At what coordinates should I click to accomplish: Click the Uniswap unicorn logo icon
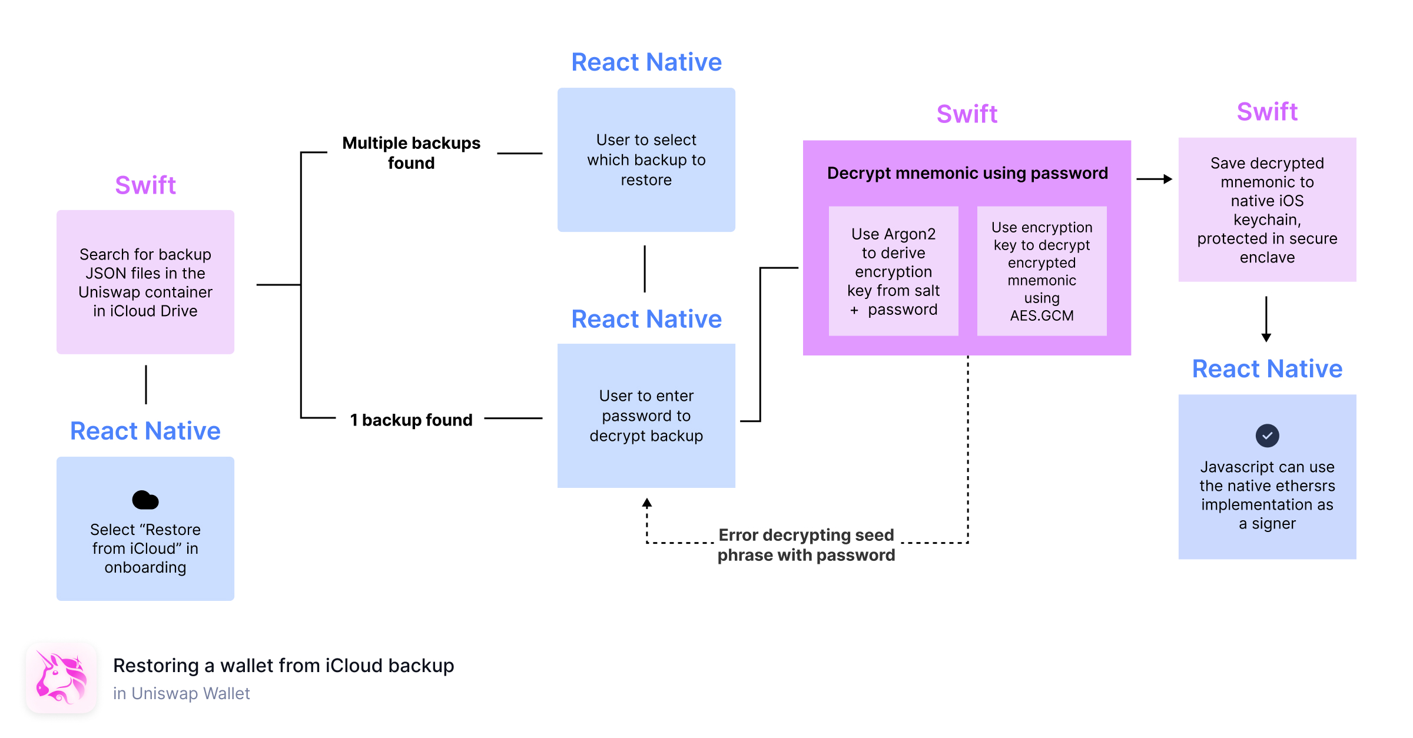(x=61, y=677)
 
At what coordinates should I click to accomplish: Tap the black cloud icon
(x=145, y=500)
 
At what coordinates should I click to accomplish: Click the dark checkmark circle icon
(x=1267, y=436)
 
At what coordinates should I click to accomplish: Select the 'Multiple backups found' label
(x=411, y=153)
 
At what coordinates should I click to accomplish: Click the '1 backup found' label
(x=411, y=420)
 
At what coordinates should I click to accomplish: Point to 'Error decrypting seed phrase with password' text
(x=806, y=545)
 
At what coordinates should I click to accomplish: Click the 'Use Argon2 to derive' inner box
(x=893, y=271)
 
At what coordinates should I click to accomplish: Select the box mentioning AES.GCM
(x=1041, y=271)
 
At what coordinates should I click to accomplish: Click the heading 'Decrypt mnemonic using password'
(x=967, y=173)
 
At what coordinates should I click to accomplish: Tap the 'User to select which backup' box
(x=646, y=160)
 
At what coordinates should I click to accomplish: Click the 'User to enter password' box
(x=646, y=415)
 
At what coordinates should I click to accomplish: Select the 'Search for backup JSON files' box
(x=145, y=282)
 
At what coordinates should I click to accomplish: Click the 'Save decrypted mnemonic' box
(x=1267, y=210)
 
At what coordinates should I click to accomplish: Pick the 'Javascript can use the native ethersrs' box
(x=1267, y=477)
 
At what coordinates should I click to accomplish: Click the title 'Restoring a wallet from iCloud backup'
(x=283, y=666)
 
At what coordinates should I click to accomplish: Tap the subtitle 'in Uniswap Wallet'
(x=181, y=693)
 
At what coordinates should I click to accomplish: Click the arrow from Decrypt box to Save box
(x=1154, y=179)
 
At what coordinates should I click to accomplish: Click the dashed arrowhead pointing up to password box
(x=647, y=504)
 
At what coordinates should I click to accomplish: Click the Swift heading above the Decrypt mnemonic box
(x=967, y=114)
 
